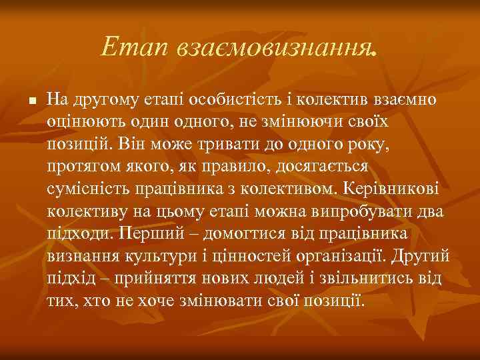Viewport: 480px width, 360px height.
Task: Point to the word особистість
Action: tap(226, 100)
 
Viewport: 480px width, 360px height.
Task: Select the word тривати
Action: tap(259, 144)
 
